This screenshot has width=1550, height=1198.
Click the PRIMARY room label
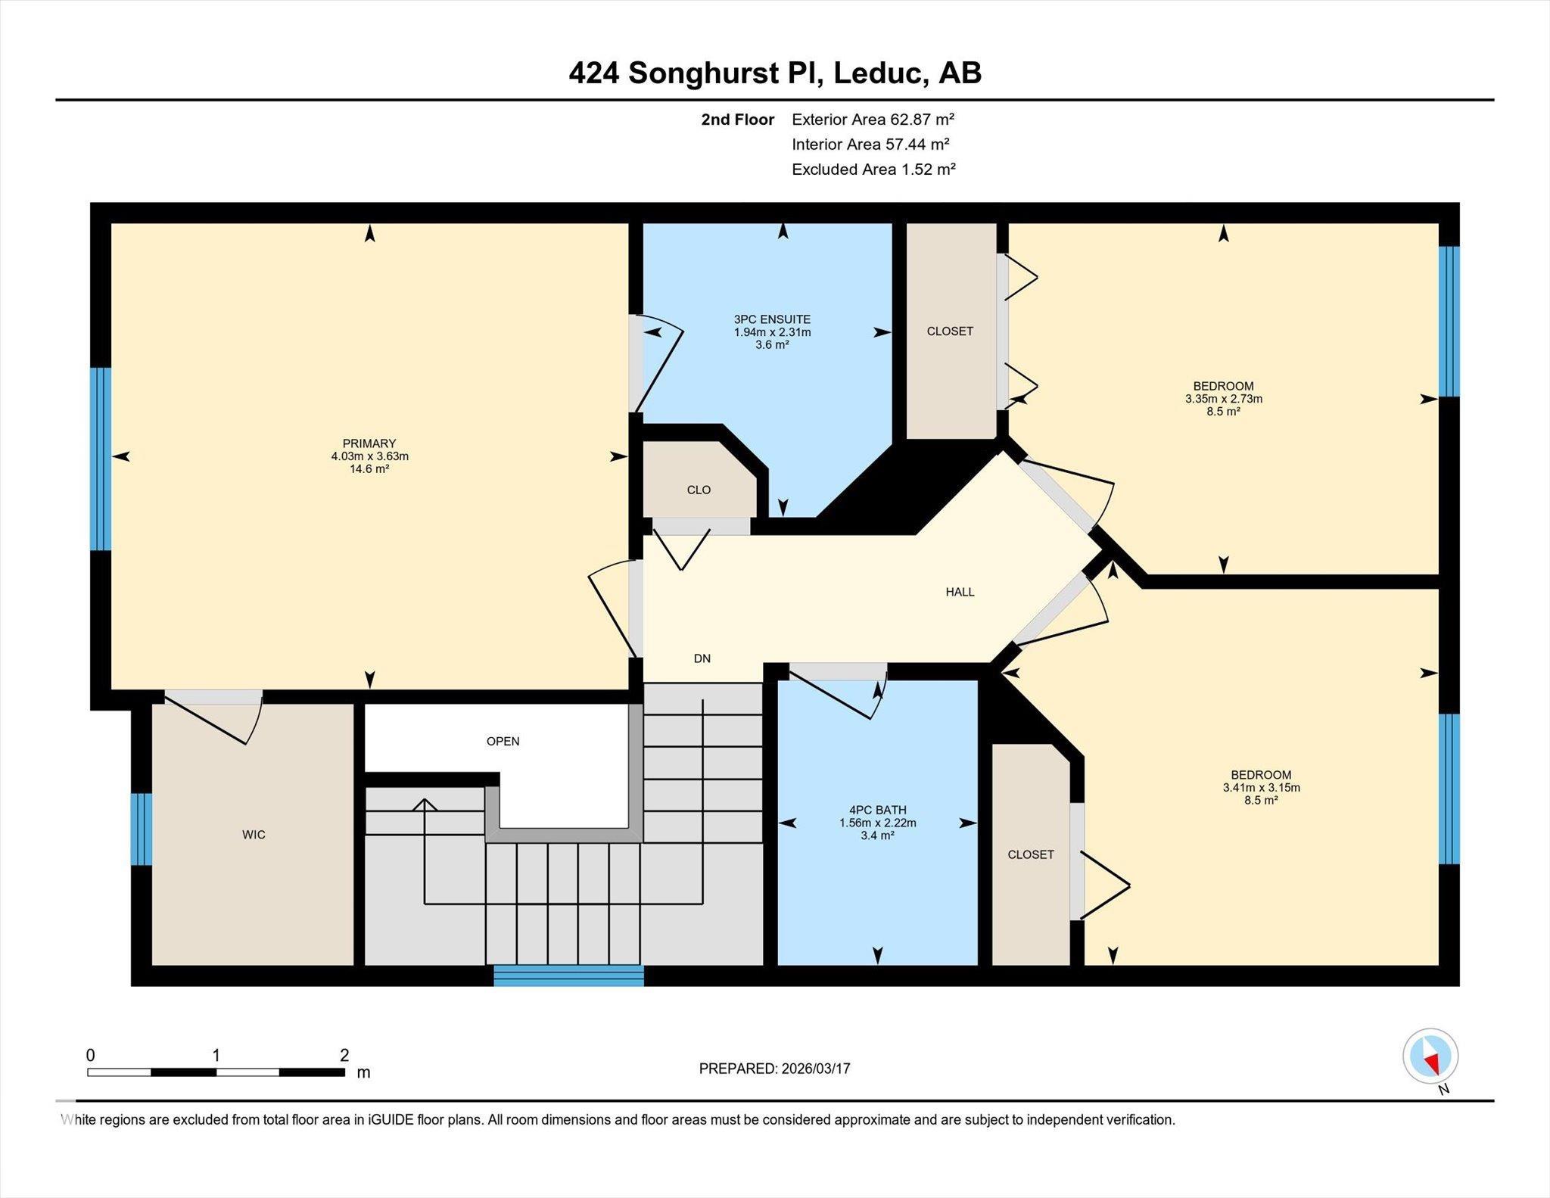point(369,443)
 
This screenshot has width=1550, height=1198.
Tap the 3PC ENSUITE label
point(772,319)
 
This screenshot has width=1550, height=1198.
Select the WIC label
point(254,835)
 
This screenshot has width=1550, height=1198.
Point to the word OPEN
point(503,742)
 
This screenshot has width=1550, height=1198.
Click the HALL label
point(960,593)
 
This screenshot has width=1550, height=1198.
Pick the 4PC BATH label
point(877,810)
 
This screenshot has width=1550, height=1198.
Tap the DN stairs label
point(702,658)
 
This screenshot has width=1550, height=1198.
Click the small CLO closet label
point(699,490)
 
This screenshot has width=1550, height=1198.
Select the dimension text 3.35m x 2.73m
point(1224,399)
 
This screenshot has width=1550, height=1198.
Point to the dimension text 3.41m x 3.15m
point(1261,788)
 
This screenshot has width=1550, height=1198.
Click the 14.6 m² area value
point(369,469)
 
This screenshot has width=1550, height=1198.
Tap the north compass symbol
point(1430,1056)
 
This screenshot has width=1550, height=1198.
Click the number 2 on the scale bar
point(344,1055)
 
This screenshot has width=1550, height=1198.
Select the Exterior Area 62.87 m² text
point(873,119)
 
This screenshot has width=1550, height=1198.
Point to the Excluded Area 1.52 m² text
point(873,169)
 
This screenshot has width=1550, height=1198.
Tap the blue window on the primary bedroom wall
point(101,459)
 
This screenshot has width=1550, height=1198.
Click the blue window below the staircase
point(568,976)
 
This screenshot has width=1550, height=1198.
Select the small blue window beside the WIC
point(142,829)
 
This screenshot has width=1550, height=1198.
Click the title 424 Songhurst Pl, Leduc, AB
point(775,73)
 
